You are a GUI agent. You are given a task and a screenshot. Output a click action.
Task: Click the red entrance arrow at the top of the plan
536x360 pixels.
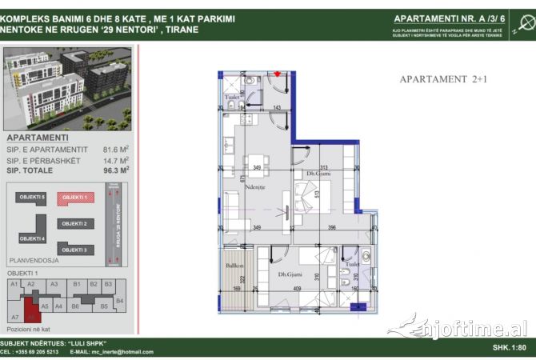pos(278,75)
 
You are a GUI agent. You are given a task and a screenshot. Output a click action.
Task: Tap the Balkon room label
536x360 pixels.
pos(234,264)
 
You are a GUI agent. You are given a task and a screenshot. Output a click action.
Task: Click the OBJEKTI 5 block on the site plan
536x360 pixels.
pos(33,197)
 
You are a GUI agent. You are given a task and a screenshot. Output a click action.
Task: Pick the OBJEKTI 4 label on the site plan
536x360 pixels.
pos(33,238)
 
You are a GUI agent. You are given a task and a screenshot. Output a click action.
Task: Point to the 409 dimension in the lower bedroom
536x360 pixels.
pos(297,290)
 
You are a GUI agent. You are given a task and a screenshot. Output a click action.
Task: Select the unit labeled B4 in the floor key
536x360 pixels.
pos(119,300)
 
